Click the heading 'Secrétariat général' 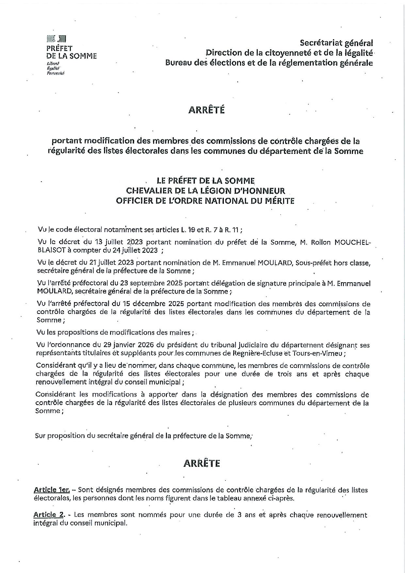(336, 43)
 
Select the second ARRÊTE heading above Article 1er (202, 463)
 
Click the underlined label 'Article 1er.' (52, 490)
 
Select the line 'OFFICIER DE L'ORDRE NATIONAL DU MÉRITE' (205, 201)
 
